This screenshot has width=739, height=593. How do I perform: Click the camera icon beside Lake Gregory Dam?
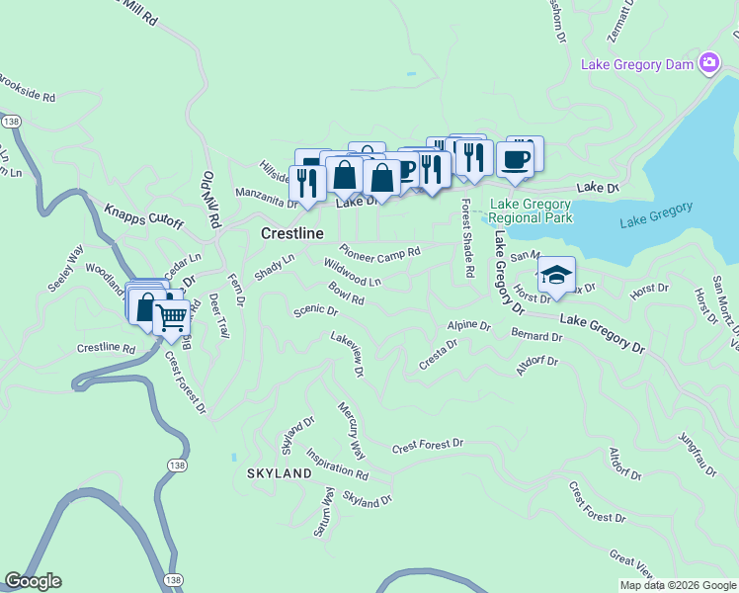coord(708,64)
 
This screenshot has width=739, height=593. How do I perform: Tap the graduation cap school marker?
coord(556,275)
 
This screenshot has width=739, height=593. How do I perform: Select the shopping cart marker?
coord(172,317)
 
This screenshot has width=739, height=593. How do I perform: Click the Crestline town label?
coord(291,233)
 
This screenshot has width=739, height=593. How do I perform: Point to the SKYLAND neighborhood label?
coord(280,473)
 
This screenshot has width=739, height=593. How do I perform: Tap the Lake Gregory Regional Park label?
coord(531,210)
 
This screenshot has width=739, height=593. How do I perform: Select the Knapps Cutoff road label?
coord(144,215)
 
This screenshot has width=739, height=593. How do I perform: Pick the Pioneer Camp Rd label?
coord(380,252)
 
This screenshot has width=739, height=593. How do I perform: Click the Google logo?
coord(33,581)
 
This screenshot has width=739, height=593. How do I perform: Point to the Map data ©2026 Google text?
coord(678,585)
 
